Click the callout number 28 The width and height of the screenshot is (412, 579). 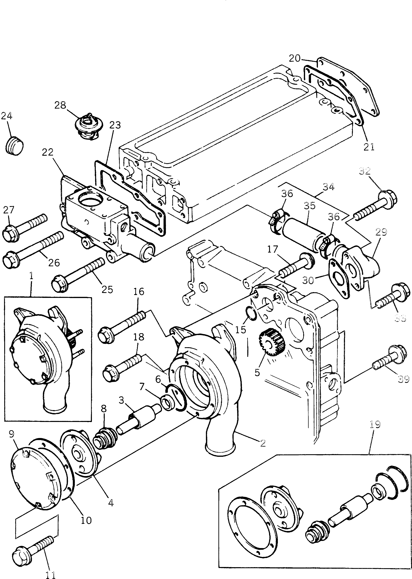coord(60,105)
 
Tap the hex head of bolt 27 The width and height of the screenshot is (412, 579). coord(9,232)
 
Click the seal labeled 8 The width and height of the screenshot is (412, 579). coord(104,440)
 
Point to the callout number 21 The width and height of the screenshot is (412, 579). coord(369,147)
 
